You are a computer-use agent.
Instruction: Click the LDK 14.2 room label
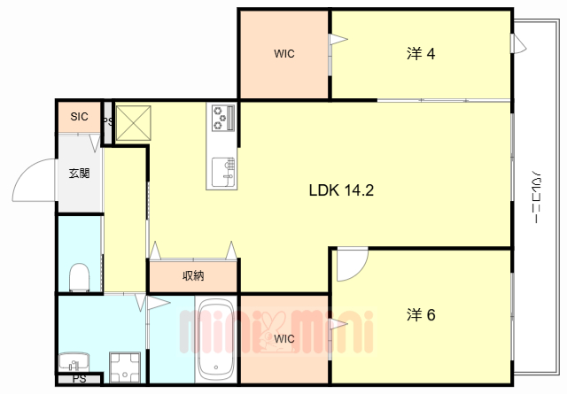pyautogui.click(x=341, y=189)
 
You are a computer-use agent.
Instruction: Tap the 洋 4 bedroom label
pyautogui.click(x=421, y=53)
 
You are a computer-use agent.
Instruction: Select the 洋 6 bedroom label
pyautogui.click(x=421, y=314)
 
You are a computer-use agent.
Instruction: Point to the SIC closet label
pyautogui.click(x=79, y=116)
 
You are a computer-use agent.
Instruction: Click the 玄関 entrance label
pyautogui.click(x=79, y=174)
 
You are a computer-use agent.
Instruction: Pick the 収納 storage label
pyautogui.click(x=193, y=276)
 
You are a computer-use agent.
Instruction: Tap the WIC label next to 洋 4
pyautogui.click(x=284, y=53)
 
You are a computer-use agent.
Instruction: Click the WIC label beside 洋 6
pyautogui.click(x=284, y=339)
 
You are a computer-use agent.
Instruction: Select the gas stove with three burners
pyautogui.click(x=223, y=118)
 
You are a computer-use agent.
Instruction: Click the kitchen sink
pyautogui.click(x=223, y=172)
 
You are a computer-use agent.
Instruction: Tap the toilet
pyautogui.click(x=79, y=277)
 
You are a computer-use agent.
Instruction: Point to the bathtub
pyautogui.click(x=216, y=341)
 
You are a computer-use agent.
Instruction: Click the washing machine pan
pyautogui.click(x=125, y=367)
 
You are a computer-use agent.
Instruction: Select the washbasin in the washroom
pyautogui.click(x=74, y=361)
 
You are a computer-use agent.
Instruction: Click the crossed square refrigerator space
pyautogui.click(x=134, y=123)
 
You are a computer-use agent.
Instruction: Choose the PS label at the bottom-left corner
pyautogui.click(x=79, y=379)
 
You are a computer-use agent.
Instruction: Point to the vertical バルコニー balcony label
pyautogui.click(x=538, y=197)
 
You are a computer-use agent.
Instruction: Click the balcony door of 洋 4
pyautogui.click(x=518, y=43)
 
